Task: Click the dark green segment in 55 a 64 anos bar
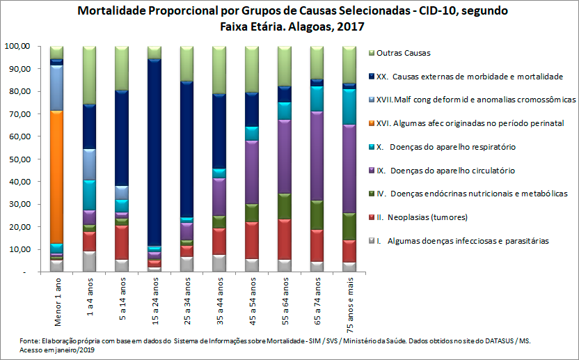(284, 206)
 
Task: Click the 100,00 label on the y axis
(17, 46)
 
